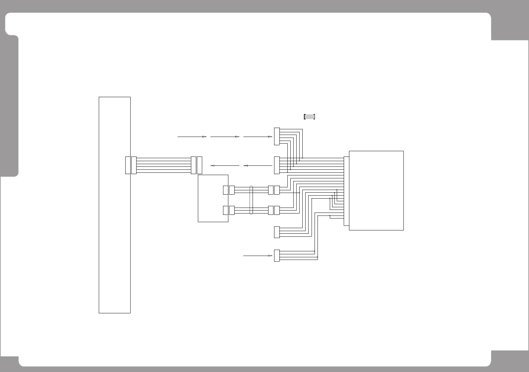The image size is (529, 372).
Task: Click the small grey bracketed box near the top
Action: click(x=309, y=117)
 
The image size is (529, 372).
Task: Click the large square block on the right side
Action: click(x=376, y=190)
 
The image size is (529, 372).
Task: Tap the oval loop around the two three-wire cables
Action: click(x=251, y=200)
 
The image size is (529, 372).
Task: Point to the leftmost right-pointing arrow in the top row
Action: click(x=192, y=136)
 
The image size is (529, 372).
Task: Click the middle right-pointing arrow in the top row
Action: click(x=225, y=136)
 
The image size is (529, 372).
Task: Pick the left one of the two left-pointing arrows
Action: click(x=225, y=165)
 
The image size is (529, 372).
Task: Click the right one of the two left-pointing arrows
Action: click(x=258, y=165)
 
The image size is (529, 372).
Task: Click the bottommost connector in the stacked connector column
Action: click(x=277, y=256)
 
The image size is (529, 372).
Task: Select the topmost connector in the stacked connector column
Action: click(x=277, y=136)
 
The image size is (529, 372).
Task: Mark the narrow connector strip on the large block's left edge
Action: click(x=346, y=191)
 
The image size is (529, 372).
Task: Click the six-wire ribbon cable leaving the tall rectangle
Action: click(x=164, y=165)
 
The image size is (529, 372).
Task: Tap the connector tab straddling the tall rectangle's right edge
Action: click(x=128, y=165)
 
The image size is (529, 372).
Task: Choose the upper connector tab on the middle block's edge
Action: click(x=226, y=190)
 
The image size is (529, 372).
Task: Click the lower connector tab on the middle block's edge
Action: click(x=226, y=210)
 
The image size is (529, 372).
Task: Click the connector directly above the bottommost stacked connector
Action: click(x=277, y=232)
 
